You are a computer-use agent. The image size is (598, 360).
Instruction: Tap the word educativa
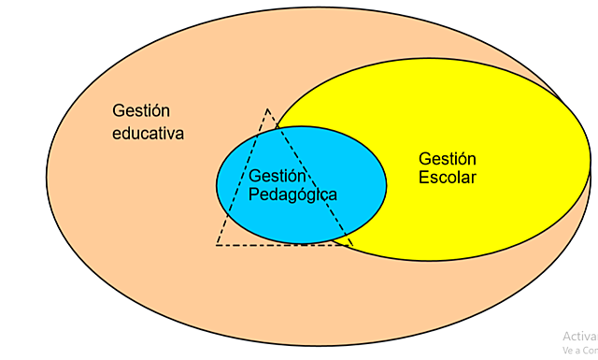(149, 133)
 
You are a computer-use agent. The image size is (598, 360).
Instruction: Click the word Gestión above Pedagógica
(278, 176)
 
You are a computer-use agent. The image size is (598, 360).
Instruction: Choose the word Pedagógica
(293, 194)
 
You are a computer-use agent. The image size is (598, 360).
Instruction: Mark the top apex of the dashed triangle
(268, 109)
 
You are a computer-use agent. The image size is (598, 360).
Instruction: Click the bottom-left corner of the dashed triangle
(217, 245)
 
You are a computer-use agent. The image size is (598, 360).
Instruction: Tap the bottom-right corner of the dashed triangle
(352, 245)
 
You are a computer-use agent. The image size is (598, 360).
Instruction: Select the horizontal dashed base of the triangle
(280, 245)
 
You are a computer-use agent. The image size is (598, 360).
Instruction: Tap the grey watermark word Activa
(579, 336)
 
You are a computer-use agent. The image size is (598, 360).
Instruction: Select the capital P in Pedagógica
(254, 194)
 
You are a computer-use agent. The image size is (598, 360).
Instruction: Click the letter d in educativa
(127, 133)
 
